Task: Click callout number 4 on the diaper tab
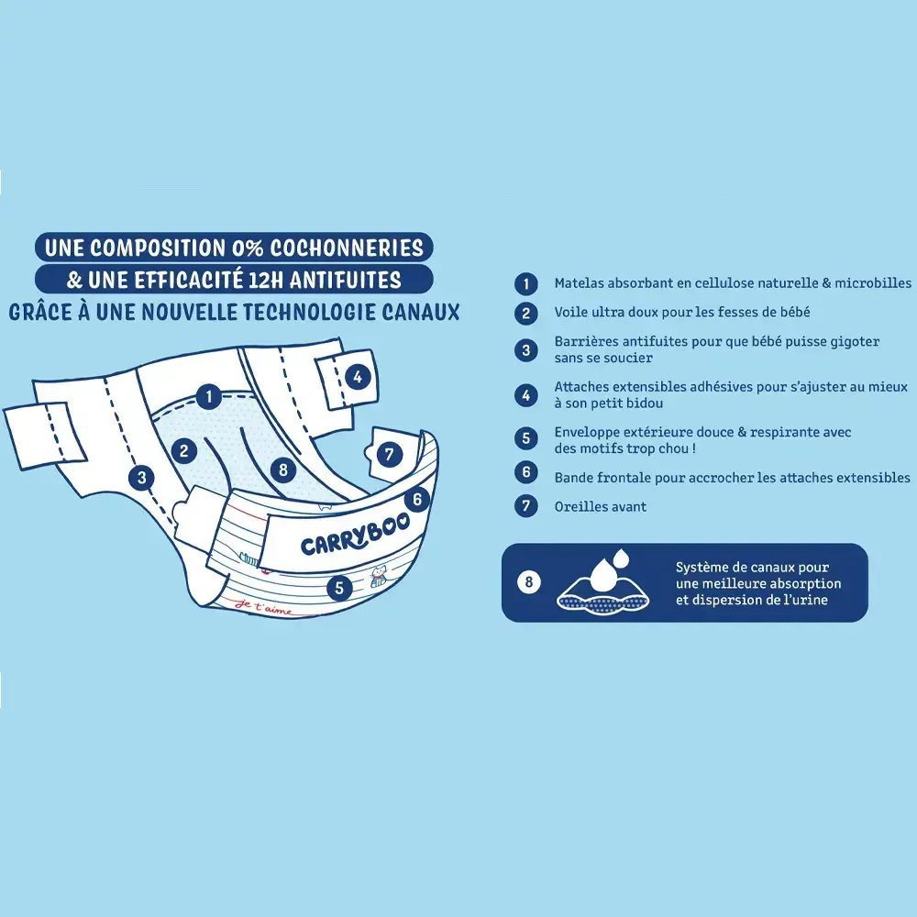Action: [x=358, y=377]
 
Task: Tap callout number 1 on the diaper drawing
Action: [x=208, y=396]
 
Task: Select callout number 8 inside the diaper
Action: [x=283, y=470]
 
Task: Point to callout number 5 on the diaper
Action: [x=339, y=587]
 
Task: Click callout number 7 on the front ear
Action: [x=390, y=454]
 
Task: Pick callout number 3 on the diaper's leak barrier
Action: [x=141, y=478]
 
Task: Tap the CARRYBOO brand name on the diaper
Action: [x=355, y=536]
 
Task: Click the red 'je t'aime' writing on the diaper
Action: [x=263, y=607]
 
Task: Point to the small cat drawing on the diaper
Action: [x=378, y=576]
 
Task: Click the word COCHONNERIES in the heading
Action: [x=347, y=248]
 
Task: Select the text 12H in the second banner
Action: [x=266, y=280]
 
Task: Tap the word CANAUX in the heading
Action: [x=421, y=312]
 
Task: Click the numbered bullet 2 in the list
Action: [x=525, y=313]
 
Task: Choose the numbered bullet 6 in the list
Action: [x=525, y=472]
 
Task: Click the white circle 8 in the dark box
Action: [x=529, y=582]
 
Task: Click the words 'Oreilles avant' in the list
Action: [x=600, y=506]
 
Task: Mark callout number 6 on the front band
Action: [x=417, y=499]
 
